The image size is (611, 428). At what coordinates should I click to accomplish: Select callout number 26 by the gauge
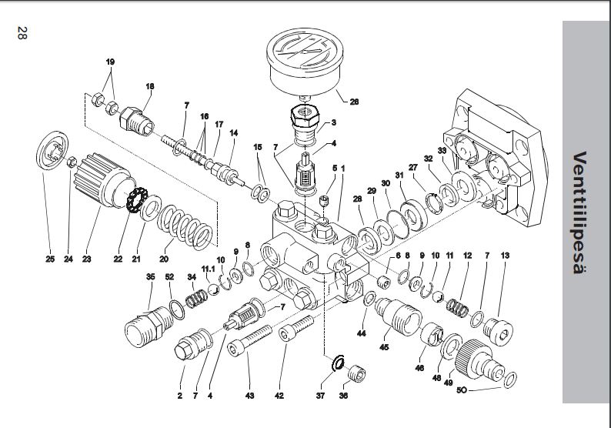coord(354,102)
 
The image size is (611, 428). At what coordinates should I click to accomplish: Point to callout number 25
coord(50,259)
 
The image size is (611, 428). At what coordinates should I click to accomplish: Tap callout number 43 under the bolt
coord(249,396)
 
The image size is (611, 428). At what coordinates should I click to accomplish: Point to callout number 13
coord(505,255)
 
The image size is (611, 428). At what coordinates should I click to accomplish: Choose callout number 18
coord(150,86)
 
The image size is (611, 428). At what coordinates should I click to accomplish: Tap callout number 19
coord(110,61)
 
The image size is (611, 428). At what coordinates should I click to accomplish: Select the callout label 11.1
coord(208,269)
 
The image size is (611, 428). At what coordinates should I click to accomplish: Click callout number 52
coord(169,276)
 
